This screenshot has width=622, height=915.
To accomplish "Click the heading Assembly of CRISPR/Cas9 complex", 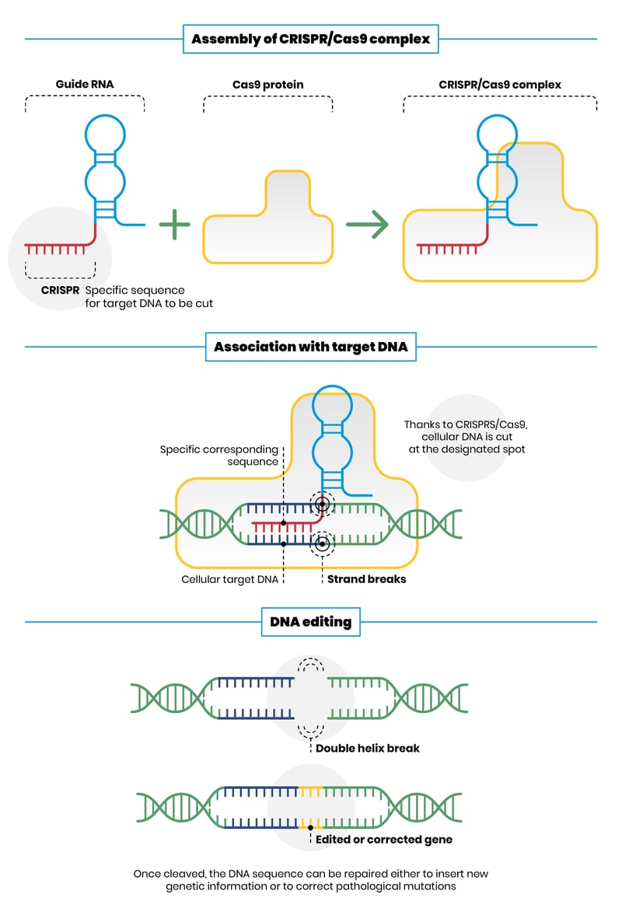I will pyautogui.click(x=311, y=38).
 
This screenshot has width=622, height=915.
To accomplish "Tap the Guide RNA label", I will pyautogui.click(x=84, y=84).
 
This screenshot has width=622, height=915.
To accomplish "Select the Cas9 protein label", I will pyautogui.click(x=268, y=84).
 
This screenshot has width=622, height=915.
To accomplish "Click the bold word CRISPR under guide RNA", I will pyautogui.click(x=61, y=290).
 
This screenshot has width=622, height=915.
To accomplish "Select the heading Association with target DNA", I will pyautogui.click(x=311, y=347).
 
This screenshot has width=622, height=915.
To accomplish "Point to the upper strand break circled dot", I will pyautogui.click(x=321, y=505).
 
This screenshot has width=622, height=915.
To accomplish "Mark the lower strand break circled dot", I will pyautogui.click(x=321, y=543).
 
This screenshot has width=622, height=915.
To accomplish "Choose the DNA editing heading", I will pyautogui.click(x=311, y=622).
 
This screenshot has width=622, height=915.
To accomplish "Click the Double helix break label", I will pyautogui.click(x=367, y=748).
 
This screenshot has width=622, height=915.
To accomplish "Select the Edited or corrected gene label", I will pyautogui.click(x=383, y=840).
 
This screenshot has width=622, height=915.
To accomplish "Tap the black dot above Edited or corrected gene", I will pyautogui.click(x=311, y=827).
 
